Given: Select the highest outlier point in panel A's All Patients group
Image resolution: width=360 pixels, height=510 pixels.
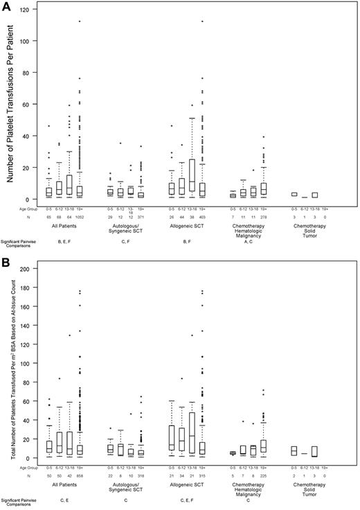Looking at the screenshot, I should pyautogui.click(x=80, y=21).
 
